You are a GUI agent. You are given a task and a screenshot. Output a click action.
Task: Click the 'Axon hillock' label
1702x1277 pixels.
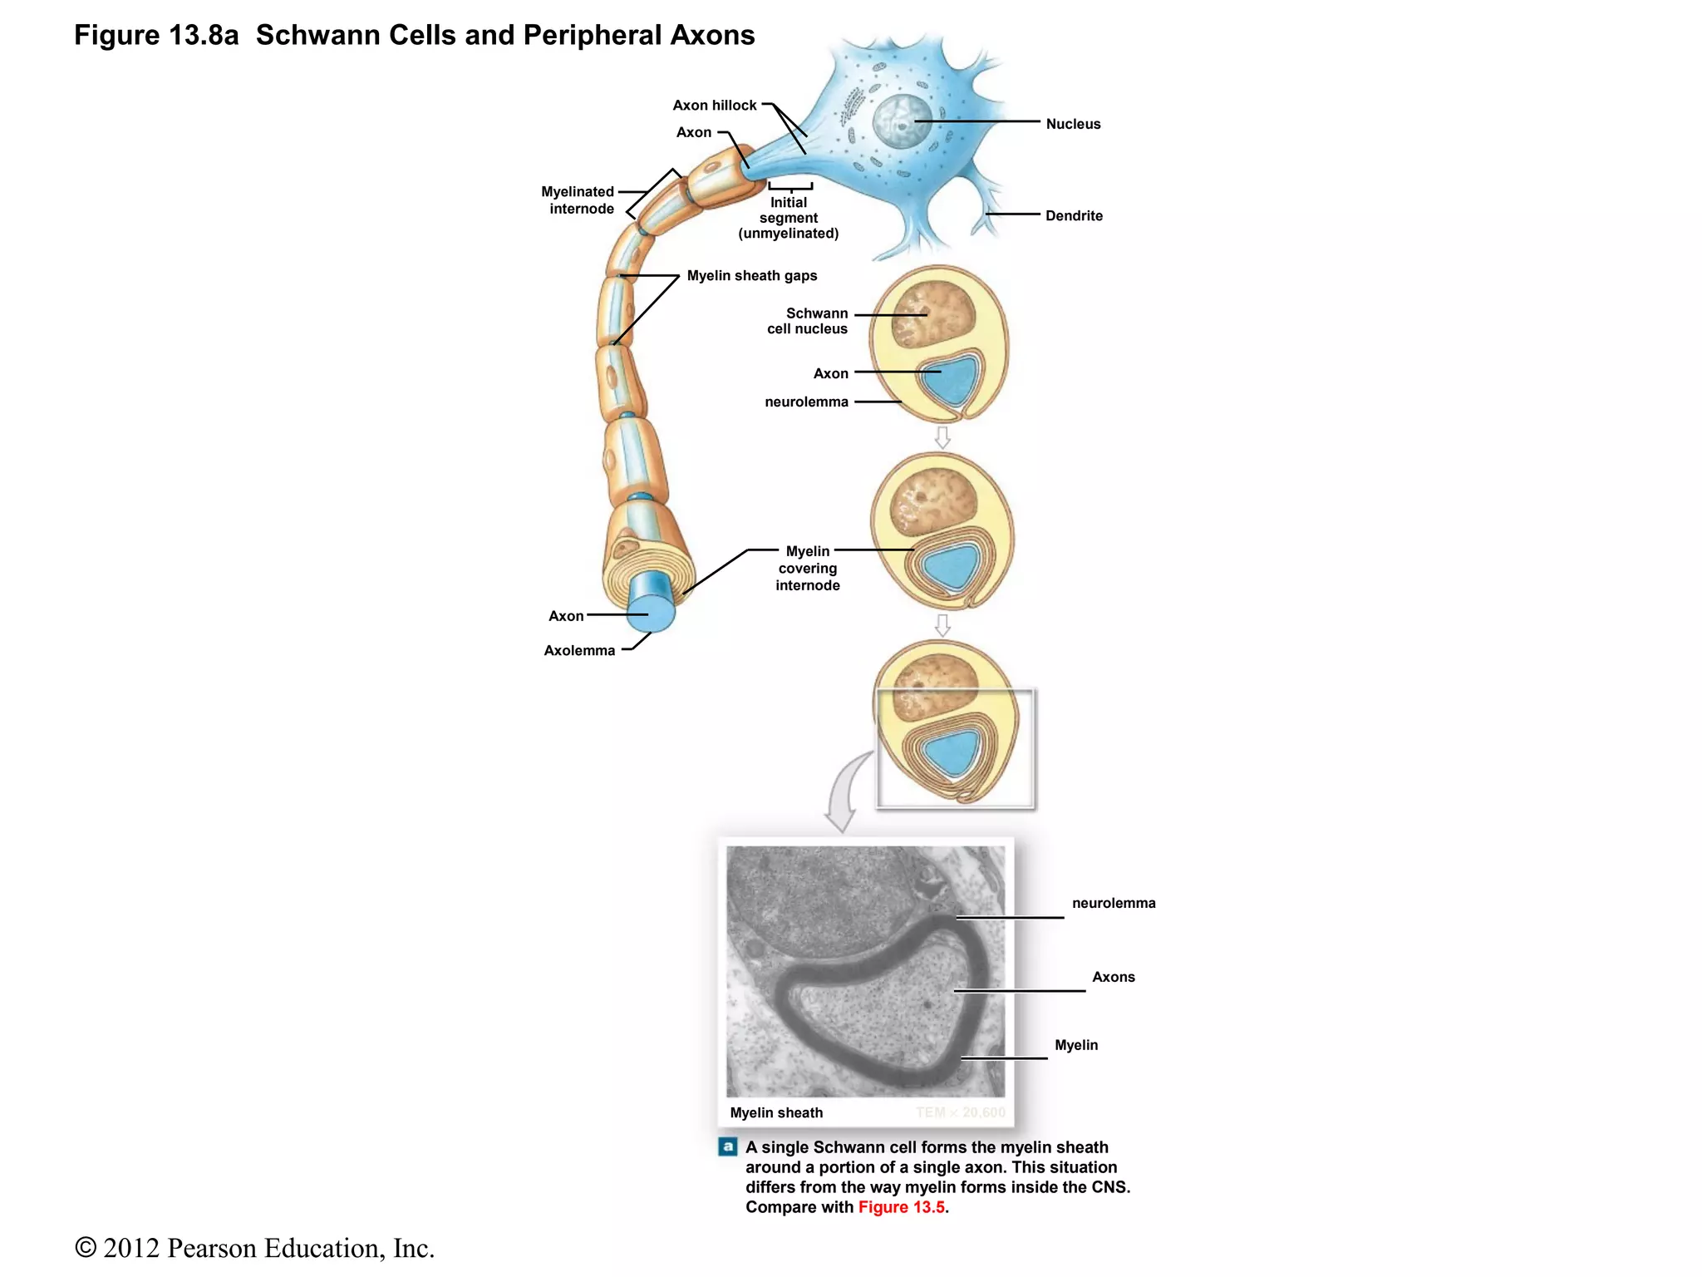(714, 106)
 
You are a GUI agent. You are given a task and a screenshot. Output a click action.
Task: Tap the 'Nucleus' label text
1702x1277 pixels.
(1073, 124)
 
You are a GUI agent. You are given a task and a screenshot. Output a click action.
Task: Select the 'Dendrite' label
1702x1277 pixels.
(1074, 216)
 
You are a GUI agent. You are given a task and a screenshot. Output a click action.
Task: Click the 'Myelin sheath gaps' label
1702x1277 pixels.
(751, 276)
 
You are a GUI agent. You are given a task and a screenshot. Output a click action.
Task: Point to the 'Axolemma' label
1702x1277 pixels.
(579, 651)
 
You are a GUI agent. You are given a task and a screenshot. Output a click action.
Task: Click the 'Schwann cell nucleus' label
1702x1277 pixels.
(808, 321)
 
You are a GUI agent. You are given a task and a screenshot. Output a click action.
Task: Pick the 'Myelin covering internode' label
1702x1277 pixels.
(808, 568)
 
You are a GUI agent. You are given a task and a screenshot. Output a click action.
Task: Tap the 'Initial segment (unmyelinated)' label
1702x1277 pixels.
(789, 218)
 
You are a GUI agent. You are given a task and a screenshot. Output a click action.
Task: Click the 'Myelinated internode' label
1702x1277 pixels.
(578, 200)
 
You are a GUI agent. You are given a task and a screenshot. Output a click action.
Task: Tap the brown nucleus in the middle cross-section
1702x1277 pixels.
(932, 501)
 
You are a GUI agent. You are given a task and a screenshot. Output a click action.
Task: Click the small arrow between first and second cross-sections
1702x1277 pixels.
(942, 437)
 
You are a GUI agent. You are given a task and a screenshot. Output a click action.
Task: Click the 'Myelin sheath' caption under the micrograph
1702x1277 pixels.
(776, 1113)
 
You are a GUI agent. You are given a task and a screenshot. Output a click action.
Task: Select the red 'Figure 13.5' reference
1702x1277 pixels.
(902, 1207)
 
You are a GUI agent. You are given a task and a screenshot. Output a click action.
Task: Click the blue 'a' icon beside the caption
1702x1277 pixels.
(728, 1147)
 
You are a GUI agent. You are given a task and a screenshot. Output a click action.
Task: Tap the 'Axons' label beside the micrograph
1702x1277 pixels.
(1113, 977)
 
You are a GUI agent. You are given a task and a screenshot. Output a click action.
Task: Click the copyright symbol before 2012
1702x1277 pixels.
(86, 1248)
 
